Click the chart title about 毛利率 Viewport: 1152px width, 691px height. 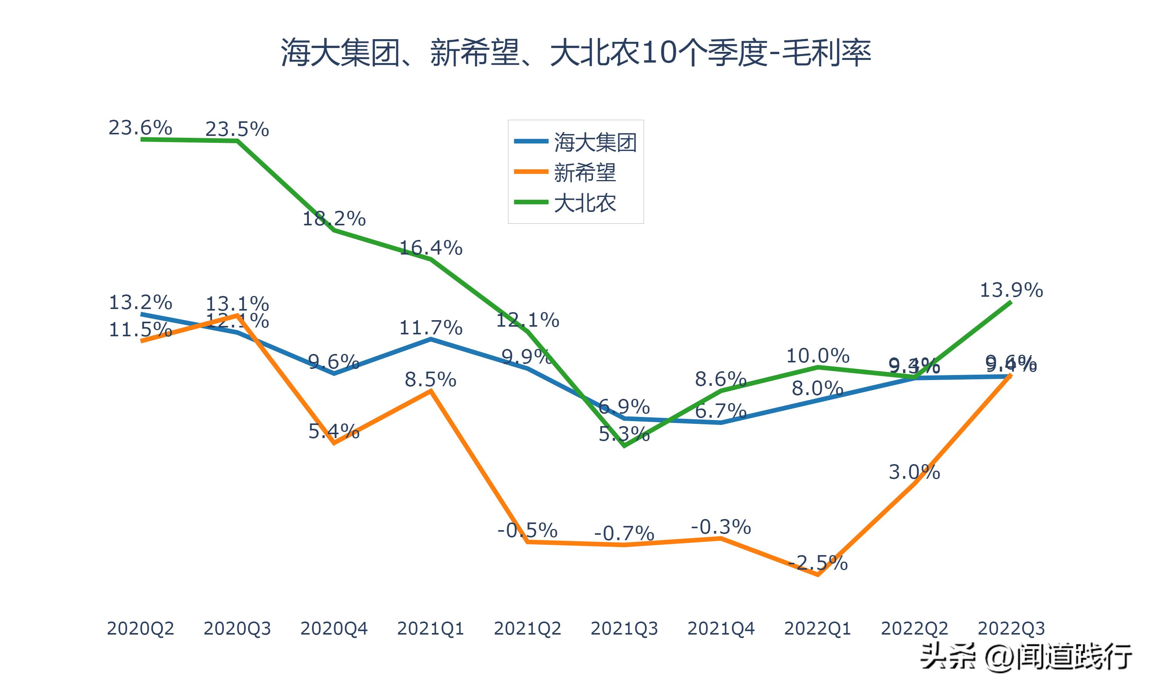tap(576, 53)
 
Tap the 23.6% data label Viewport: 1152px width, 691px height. tap(140, 127)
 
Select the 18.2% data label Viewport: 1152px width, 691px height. tap(334, 219)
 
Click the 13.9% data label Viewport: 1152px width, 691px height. tap(1011, 291)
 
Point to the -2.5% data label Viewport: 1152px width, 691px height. tap(818, 564)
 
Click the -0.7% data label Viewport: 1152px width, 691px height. tap(624, 534)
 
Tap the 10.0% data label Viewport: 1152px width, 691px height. tap(818, 356)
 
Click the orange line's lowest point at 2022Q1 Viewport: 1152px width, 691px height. tap(818, 575)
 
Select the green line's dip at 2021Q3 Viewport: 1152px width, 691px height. tap(624, 446)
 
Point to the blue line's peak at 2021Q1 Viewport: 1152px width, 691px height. tap(431, 339)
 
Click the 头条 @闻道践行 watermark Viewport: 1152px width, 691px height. tap(1026, 657)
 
